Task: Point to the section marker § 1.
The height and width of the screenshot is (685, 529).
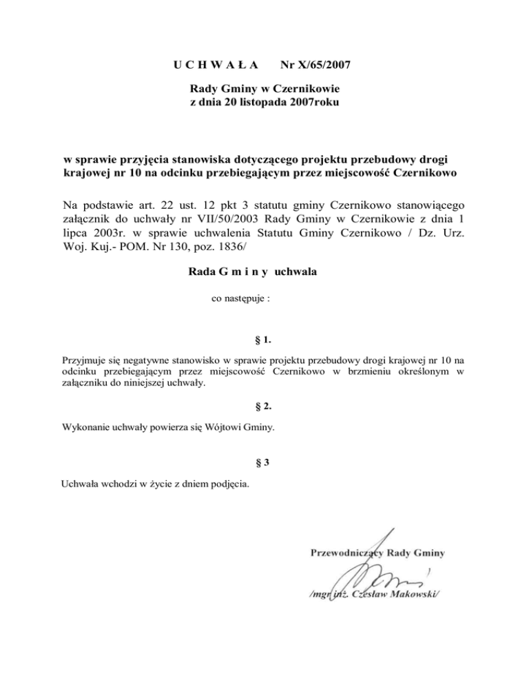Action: pos(264,339)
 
